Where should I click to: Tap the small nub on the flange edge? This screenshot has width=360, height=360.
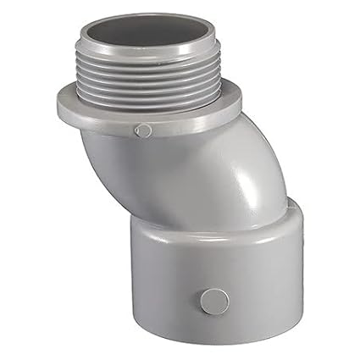click(x=145, y=130)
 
